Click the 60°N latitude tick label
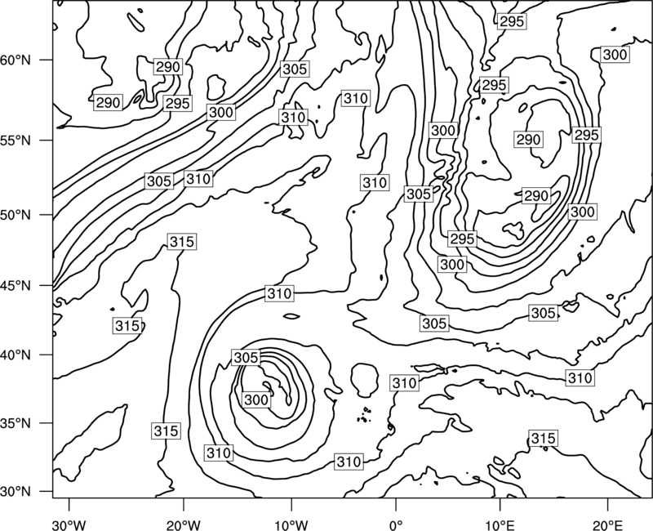[x=16, y=60]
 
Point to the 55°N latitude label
[x=16, y=141]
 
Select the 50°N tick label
[x=16, y=215]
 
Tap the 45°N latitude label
[x=16, y=286]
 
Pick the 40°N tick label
[x=16, y=355]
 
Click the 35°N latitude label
[x=16, y=423]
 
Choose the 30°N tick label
[x=16, y=492]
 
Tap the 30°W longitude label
[x=69, y=524]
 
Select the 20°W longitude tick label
[x=184, y=524]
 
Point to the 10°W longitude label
[x=291, y=524]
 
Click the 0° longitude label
[x=396, y=524]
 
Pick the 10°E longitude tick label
[x=500, y=524]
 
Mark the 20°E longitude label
[x=607, y=524]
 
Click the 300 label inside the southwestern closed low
[x=255, y=399]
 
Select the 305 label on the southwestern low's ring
[x=247, y=357]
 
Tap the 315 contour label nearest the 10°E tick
[x=543, y=438]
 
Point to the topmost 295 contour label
[x=512, y=21]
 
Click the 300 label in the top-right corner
[x=615, y=55]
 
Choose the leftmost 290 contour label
[x=109, y=103]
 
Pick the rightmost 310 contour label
[x=580, y=378]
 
